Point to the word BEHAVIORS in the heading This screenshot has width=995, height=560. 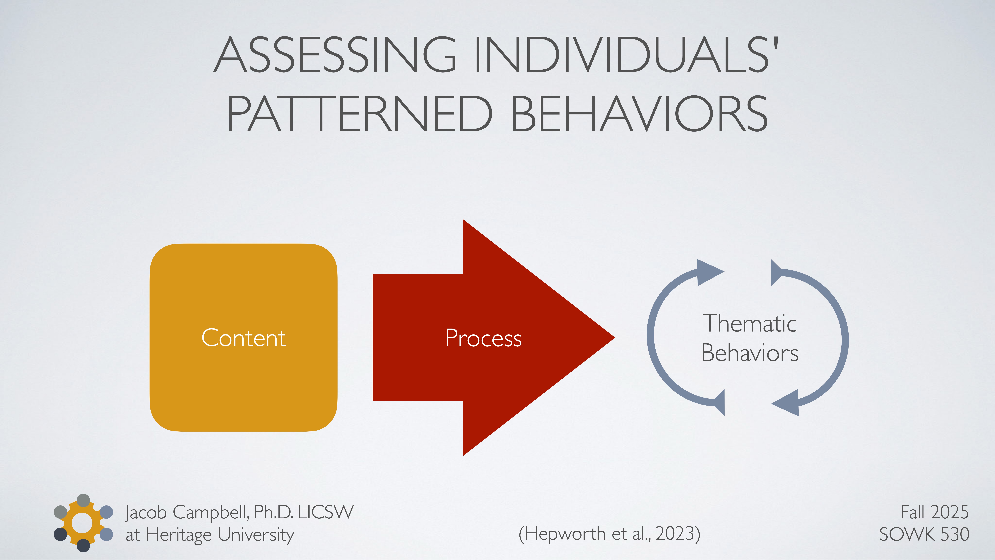[639, 114]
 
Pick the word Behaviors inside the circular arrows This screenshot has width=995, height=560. [749, 353]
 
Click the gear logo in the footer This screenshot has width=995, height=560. [83, 523]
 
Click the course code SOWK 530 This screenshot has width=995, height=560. [924, 534]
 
